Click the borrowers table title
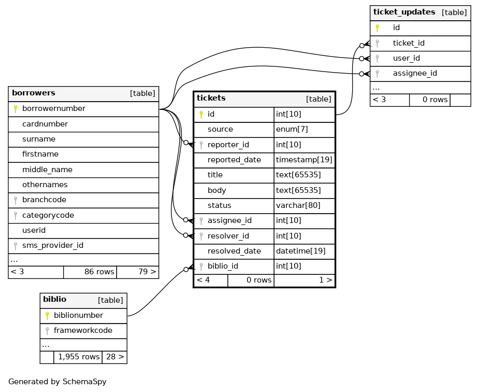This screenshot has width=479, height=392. pos(34,93)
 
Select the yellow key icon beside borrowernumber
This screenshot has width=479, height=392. pos(16,109)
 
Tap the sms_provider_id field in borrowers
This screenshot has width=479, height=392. pos(53,245)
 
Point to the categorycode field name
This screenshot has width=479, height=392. pos(48,215)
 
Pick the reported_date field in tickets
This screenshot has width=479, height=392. pos(234,160)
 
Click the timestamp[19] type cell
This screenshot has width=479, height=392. pos(304,160)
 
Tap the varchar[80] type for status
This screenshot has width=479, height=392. pos(298,205)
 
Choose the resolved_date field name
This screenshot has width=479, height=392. pos(234,251)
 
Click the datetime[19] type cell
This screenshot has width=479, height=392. pos(300,251)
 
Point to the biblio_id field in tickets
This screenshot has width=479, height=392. pos(223,266)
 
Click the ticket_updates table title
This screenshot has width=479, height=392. pos(404,12)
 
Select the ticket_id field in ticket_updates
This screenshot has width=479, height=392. pos(409,43)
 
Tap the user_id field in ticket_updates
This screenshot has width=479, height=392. pos(406,58)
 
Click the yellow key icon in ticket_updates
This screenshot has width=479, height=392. pos(378,28)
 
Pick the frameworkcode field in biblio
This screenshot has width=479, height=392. pos(83,330)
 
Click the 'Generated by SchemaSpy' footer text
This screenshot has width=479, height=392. pos(57,382)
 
